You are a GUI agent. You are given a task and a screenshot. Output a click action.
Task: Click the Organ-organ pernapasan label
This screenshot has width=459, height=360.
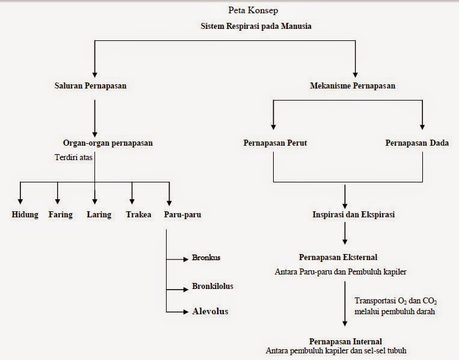(108, 143)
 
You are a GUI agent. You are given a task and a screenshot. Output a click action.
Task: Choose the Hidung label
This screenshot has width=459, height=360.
(25, 215)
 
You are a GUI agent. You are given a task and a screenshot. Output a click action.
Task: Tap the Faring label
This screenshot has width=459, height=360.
(60, 215)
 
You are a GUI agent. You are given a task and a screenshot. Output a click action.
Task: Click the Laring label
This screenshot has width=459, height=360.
(99, 215)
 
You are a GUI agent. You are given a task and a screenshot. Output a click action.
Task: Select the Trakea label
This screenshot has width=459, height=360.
(138, 215)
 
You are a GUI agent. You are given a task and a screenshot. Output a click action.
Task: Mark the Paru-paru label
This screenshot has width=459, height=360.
(182, 215)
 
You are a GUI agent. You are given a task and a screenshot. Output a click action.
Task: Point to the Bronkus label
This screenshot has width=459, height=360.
(206, 258)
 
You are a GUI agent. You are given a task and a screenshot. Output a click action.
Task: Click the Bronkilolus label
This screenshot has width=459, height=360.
(213, 286)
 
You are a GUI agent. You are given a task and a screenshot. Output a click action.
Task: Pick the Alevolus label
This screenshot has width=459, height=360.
(211, 312)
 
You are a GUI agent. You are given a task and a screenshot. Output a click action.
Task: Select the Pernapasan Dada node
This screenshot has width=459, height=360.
(417, 143)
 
